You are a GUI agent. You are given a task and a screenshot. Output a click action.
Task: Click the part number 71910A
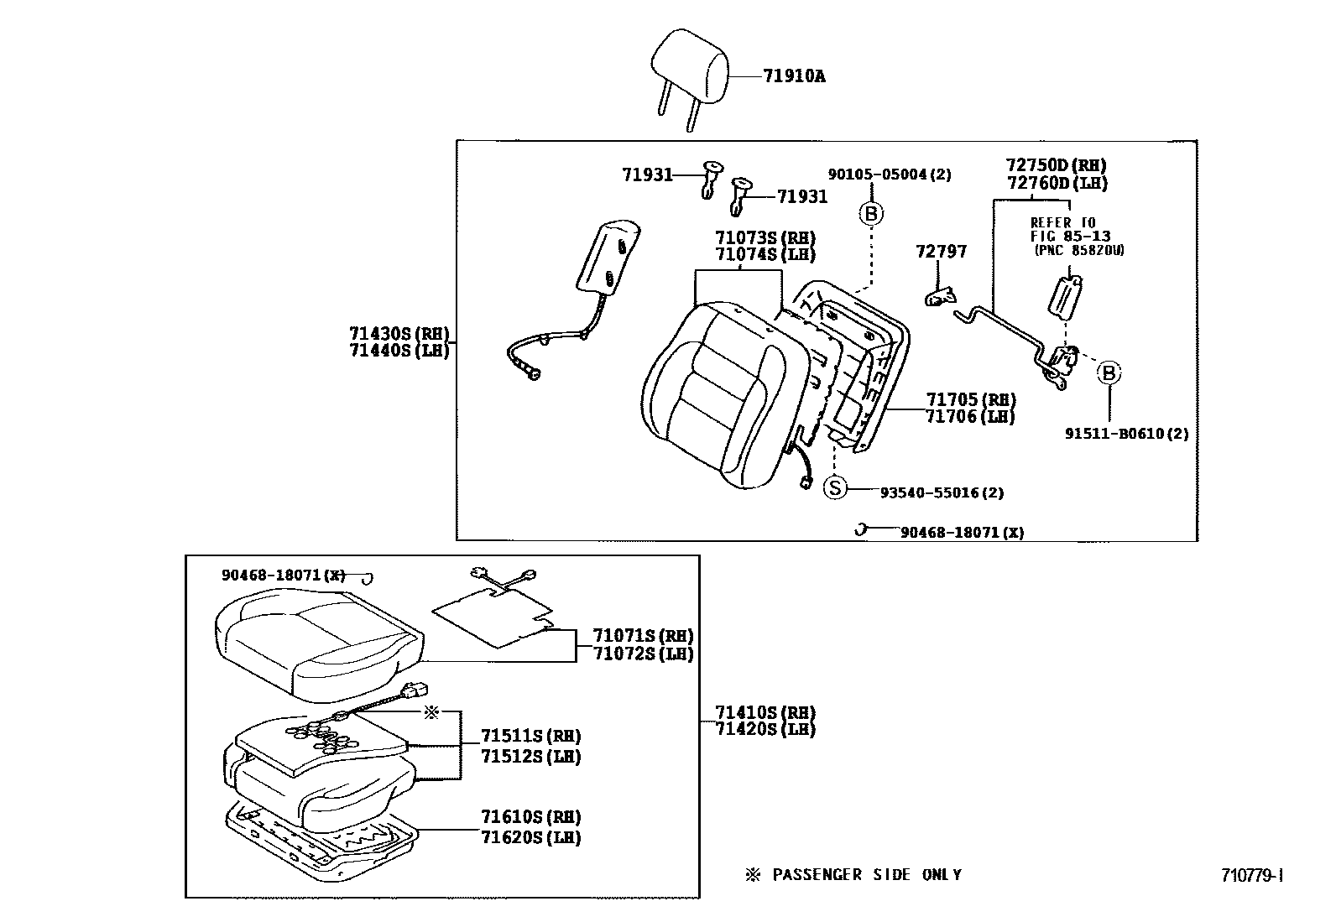tap(794, 76)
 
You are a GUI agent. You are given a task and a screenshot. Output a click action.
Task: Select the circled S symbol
tap(835, 487)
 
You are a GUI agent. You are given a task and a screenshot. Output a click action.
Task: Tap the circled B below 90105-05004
tap(871, 214)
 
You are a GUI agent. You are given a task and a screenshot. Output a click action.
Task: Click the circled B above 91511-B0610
tap(1109, 372)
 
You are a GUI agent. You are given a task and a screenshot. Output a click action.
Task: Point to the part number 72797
tap(941, 252)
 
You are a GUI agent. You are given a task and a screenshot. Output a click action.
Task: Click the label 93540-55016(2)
tap(942, 492)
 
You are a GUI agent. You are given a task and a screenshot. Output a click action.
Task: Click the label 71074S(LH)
tap(765, 255)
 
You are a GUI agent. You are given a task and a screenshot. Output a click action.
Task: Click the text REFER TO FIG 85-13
tap(1064, 229)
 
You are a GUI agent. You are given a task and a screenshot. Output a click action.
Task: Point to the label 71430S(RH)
tap(399, 333)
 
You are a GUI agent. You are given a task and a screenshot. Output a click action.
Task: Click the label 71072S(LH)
tap(643, 654)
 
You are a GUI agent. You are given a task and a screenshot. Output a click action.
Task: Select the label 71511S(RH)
tap(530, 736)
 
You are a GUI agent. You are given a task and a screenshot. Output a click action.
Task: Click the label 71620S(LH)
tap(530, 837)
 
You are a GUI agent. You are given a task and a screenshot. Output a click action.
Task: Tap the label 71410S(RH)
tap(765, 712)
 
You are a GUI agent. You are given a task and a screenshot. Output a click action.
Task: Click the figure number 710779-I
tap(1252, 876)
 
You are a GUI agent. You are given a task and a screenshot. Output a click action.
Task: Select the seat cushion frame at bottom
tap(323, 839)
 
